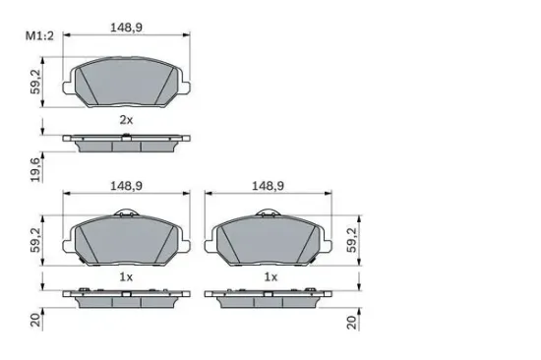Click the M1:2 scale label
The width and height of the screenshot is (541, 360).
(x=38, y=36)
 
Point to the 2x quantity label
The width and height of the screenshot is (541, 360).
(x=126, y=119)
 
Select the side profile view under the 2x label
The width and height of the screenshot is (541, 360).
(x=125, y=143)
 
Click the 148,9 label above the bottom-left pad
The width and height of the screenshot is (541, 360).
(x=125, y=183)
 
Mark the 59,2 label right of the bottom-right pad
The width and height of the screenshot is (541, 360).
(x=352, y=238)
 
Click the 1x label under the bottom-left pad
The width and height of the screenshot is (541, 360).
(x=126, y=277)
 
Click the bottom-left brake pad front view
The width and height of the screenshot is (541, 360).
(x=125, y=241)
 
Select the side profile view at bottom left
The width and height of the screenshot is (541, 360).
(x=125, y=298)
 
